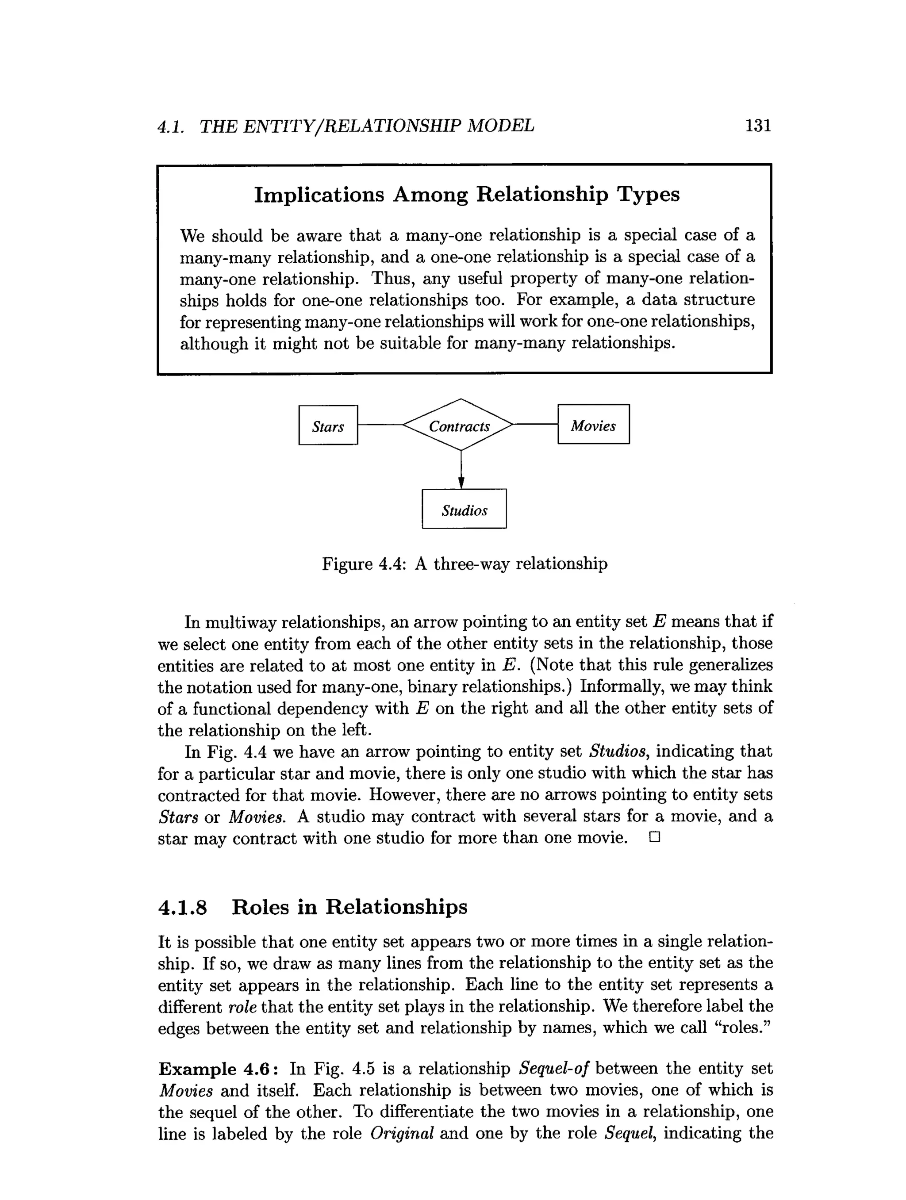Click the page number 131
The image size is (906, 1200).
pyautogui.click(x=758, y=126)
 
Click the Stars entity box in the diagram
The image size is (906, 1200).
pyautogui.click(x=328, y=426)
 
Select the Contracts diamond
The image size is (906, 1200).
pyautogui.click(x=460, y=426)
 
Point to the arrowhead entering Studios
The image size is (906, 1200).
pyautogui.click(x=461, y=482)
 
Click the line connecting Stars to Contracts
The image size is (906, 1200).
pyautogui.click(x=380, y=426)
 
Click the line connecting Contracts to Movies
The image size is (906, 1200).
pyautogui.click(x=535, y=424)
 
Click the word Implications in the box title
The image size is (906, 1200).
pyautogui.click(x=319, y=195)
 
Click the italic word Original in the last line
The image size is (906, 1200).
pyautogui.click(x=401, y=1133)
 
